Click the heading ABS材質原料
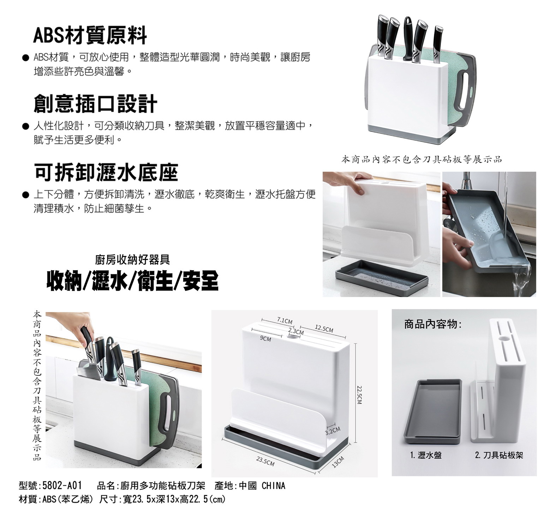click(x=90, y=35)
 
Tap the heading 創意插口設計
click(x=95, y=103)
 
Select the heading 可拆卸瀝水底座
click(x=106, y=172)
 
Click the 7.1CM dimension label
click(x=285, y=321)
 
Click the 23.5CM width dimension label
click(x=265, y=461)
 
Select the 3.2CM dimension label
click(x=333, y=430)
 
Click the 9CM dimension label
click(x=265, y=339)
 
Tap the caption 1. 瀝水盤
click(x=426, y=455)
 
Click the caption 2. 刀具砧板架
click(x=499, y=455)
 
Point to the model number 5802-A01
click(x=62, y=486)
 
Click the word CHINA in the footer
click(x=273, y=486)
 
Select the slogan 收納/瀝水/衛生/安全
click(x=132, y=281)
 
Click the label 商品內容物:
click(x=433, y=324)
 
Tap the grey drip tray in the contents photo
click(x=432, y=411)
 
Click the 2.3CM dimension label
click(x=296, y=332)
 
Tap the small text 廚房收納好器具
click(x=132, y=260)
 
